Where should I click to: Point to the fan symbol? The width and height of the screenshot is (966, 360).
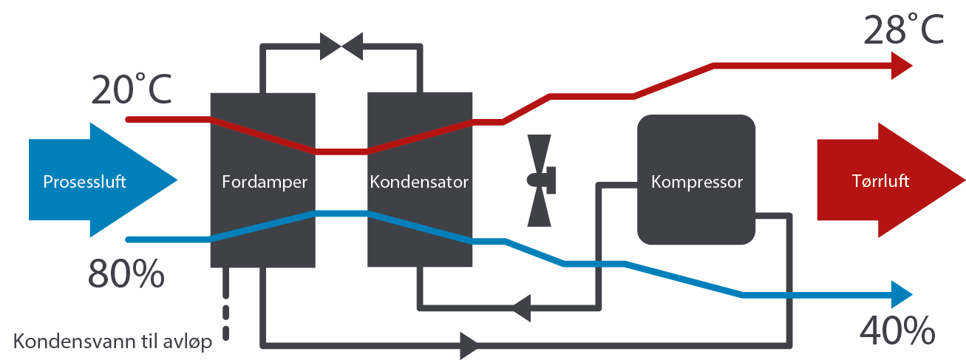point(540,180)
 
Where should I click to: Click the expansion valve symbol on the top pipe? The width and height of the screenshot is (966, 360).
point(341,47)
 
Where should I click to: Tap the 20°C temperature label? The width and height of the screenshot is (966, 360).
point(132,90)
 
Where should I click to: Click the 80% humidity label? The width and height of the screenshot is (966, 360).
point(126,274)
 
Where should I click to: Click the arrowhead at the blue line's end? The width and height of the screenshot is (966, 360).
point(902,294)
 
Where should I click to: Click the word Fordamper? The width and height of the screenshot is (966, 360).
point(264,182)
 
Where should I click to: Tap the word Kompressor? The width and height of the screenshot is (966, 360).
point(696,182)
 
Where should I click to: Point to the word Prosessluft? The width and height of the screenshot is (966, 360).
point(84,182)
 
